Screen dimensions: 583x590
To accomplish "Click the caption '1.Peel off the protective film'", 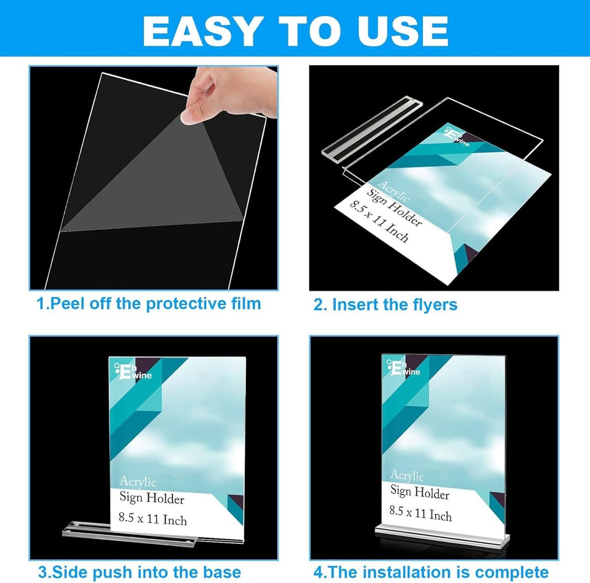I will tap(149, 304).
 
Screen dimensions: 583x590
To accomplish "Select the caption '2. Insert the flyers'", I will tap(385, 304).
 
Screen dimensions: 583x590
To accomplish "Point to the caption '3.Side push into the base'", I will tap(139, 572).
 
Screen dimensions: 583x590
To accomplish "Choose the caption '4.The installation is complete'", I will tap(431, 572).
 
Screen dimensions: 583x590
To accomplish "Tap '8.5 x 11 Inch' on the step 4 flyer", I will tap(421, 513).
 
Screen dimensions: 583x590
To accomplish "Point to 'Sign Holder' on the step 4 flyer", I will tap(419, 492).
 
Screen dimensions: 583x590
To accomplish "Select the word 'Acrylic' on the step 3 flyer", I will tap(138, 482).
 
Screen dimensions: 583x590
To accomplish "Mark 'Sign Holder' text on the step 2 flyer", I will tap(395, 207).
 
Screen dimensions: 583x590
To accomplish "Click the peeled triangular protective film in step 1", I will tap(167, 179).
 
